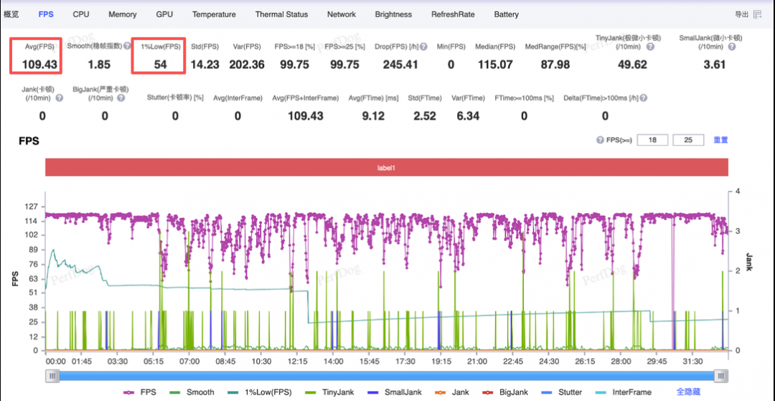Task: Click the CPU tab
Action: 81,14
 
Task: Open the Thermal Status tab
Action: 281,14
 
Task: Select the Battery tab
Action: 506,14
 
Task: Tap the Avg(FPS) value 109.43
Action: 39,64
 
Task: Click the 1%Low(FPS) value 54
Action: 160,64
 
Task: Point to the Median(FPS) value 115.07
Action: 494,64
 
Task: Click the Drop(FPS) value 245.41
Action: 400,64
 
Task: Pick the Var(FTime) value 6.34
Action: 467,116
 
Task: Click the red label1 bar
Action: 387,167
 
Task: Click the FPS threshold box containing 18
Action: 652,140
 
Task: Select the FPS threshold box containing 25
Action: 688,140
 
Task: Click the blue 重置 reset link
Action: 720,140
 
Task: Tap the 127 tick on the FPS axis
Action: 34,207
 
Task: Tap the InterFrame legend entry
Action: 625,392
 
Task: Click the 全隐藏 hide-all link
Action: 687,392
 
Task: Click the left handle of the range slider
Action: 52,377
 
